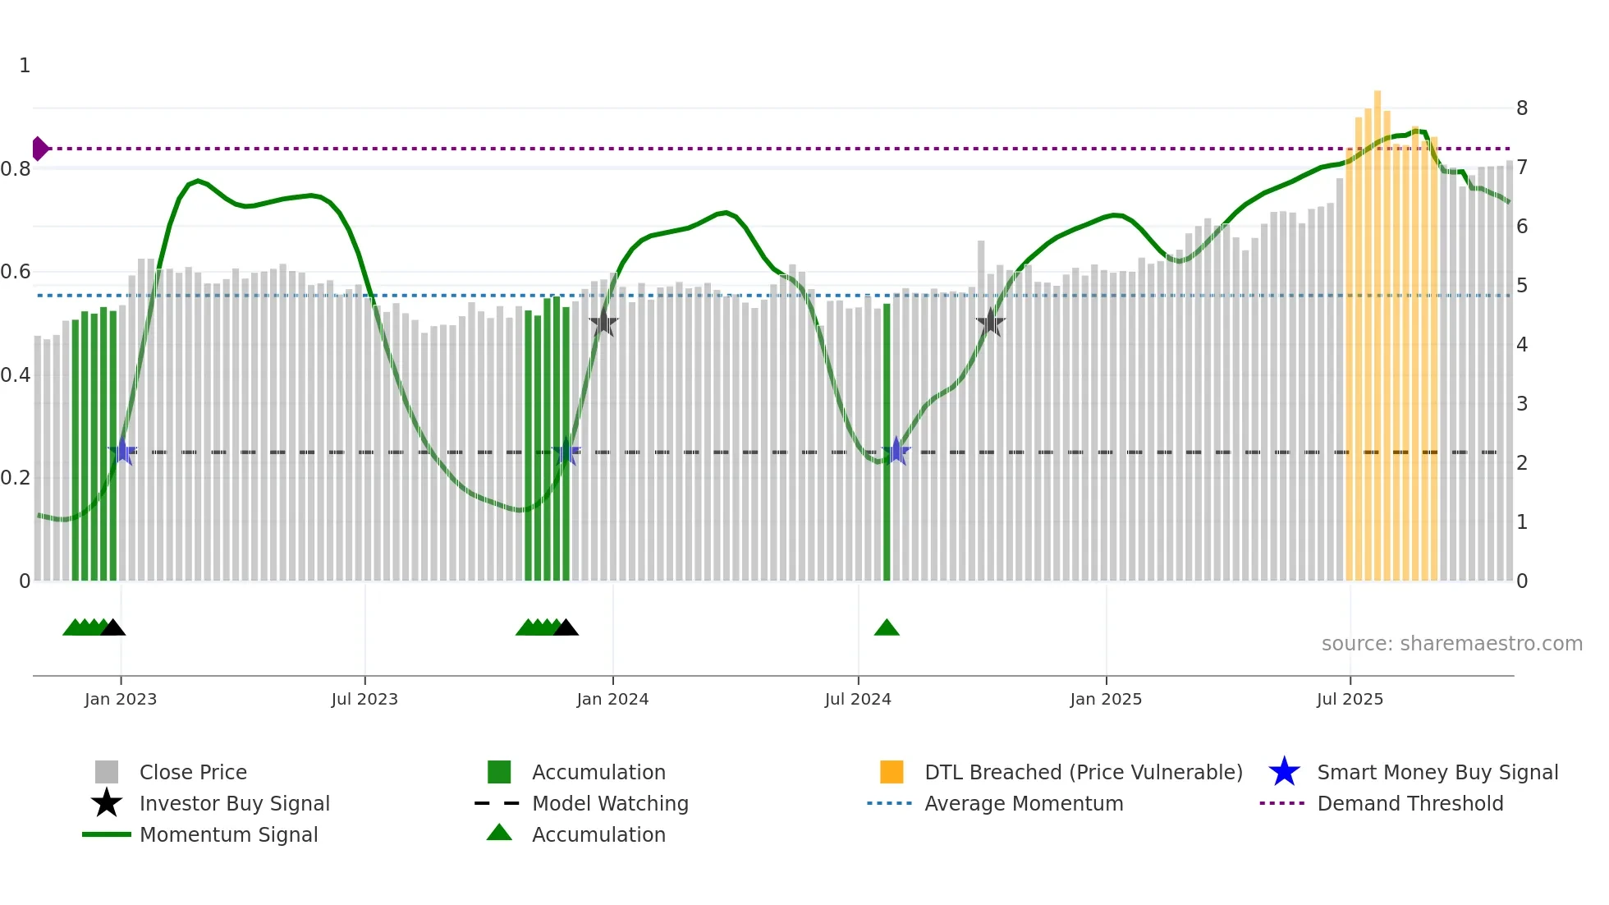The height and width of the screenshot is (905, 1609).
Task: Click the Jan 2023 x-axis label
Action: click(x=121, y=700)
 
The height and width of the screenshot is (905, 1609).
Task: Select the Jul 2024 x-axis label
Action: click(x=858, y=700)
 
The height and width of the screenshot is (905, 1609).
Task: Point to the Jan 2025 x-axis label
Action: click(x=1106, y=700)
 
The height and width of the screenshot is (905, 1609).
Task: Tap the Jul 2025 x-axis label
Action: click(x=1350, y=700)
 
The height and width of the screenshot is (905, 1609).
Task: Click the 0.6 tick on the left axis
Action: click(x=16, y=272)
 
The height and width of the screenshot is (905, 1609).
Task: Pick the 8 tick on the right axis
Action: click(x=1522, y=108)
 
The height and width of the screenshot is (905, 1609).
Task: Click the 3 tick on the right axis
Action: click(x=1522, y=404)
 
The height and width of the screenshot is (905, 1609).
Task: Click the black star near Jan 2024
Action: click(x=603, y=323)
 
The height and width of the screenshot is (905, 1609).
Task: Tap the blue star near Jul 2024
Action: click(x=896, y=451)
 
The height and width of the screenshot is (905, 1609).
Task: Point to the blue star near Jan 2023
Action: click(x=122, y=451)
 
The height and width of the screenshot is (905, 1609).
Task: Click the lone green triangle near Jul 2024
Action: click(x=887, y=628)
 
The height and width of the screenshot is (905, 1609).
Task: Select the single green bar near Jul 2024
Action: click(x=887, y=443)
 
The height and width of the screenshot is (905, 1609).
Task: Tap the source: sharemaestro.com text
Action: click(x=1451, y=644)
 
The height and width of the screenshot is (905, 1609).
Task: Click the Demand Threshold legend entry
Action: click(x=1410, y=804)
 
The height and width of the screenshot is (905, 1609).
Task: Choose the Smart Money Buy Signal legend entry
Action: click(x=1437, y=773)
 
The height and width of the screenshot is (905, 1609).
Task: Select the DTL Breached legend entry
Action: click(x=1083, y=773)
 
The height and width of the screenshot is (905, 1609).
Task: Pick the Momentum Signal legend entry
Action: click(x=228, y=835)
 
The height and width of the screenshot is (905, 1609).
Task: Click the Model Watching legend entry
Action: click(x=609, y=804)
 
